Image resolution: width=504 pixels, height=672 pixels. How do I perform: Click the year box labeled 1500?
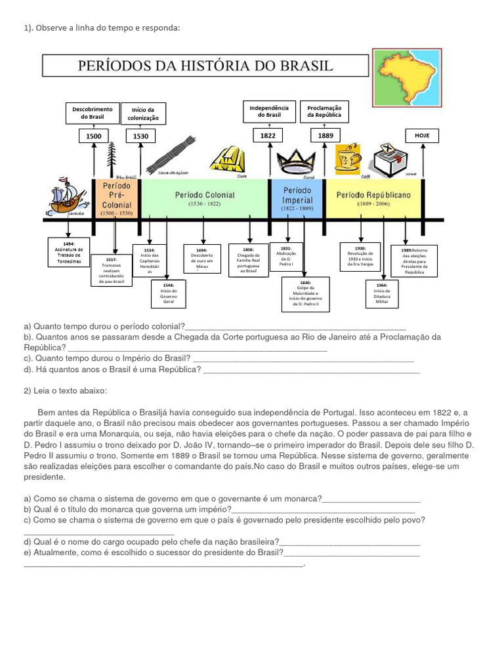point(93,136)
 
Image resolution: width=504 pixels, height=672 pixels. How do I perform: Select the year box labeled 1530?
point(140,136)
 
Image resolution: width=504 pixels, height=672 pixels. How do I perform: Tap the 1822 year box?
point(268,136)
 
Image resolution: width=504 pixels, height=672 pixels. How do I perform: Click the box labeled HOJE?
point(421,136)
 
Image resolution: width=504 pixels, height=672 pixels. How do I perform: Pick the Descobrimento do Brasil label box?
point(93,113)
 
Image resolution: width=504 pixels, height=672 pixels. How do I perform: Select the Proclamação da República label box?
point(324,111)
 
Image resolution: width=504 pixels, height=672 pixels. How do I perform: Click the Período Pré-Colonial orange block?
point(116,199)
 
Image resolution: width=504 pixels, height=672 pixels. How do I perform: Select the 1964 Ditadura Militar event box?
point(382,293)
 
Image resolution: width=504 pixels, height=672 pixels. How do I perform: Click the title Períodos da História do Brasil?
point(205,66)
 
